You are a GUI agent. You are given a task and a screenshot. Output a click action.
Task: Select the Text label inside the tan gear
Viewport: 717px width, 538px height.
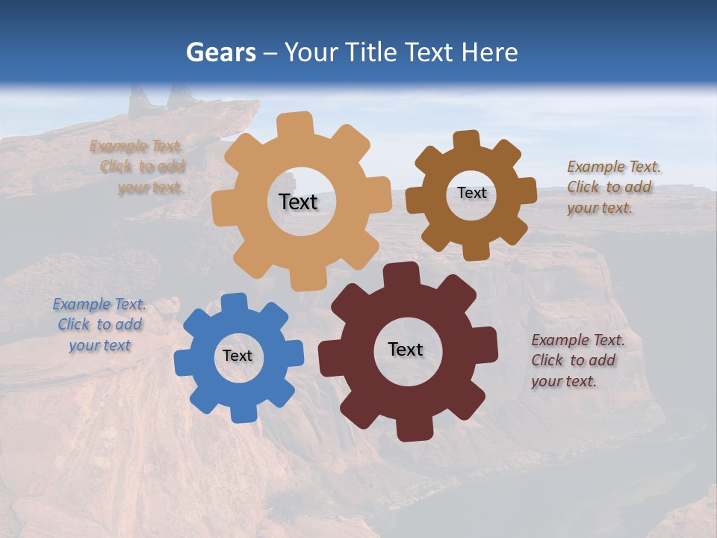(299, 202)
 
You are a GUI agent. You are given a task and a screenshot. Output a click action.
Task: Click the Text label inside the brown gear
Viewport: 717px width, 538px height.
(471, 193)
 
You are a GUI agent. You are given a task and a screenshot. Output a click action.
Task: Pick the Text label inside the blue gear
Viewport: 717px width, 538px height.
(238, 356)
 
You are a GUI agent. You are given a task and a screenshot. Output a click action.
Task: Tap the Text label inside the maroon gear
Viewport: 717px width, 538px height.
(406, 349)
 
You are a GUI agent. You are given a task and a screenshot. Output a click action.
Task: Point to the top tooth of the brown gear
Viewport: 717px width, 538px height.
(467, 140)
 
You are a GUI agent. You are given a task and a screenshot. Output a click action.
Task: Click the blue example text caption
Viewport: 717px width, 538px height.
(99, 325)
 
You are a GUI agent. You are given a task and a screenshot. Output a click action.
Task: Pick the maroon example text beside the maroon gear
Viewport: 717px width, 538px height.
(577, 360)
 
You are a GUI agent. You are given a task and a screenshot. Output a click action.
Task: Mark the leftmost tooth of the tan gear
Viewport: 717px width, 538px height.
(223, 206)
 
